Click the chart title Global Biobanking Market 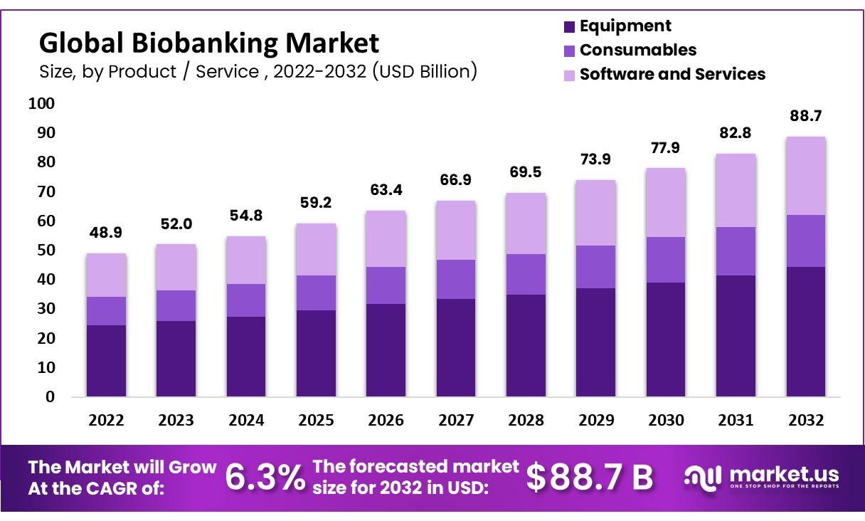coord(209,44)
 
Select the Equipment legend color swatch coord(568,27)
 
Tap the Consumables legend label coord(637,50)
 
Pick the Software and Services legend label coord(672,74)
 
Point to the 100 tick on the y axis coord(41,104)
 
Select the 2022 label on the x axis coord(106,421)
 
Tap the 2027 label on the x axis coord(456,421)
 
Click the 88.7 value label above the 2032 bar coord(806,115)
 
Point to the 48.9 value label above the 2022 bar coord(106,233)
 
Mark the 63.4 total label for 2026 coord(386,190)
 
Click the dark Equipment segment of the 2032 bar coord(806,332)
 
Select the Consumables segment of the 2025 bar coord(316,293)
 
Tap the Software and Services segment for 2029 coord(596,213)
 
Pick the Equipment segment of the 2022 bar coord(106,360)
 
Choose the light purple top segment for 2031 coord(736,191)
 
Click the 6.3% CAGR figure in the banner coord(265,478)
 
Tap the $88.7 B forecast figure coord(589,478)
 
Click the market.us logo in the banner coord(761,477)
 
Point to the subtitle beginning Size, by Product coord(258,72)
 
